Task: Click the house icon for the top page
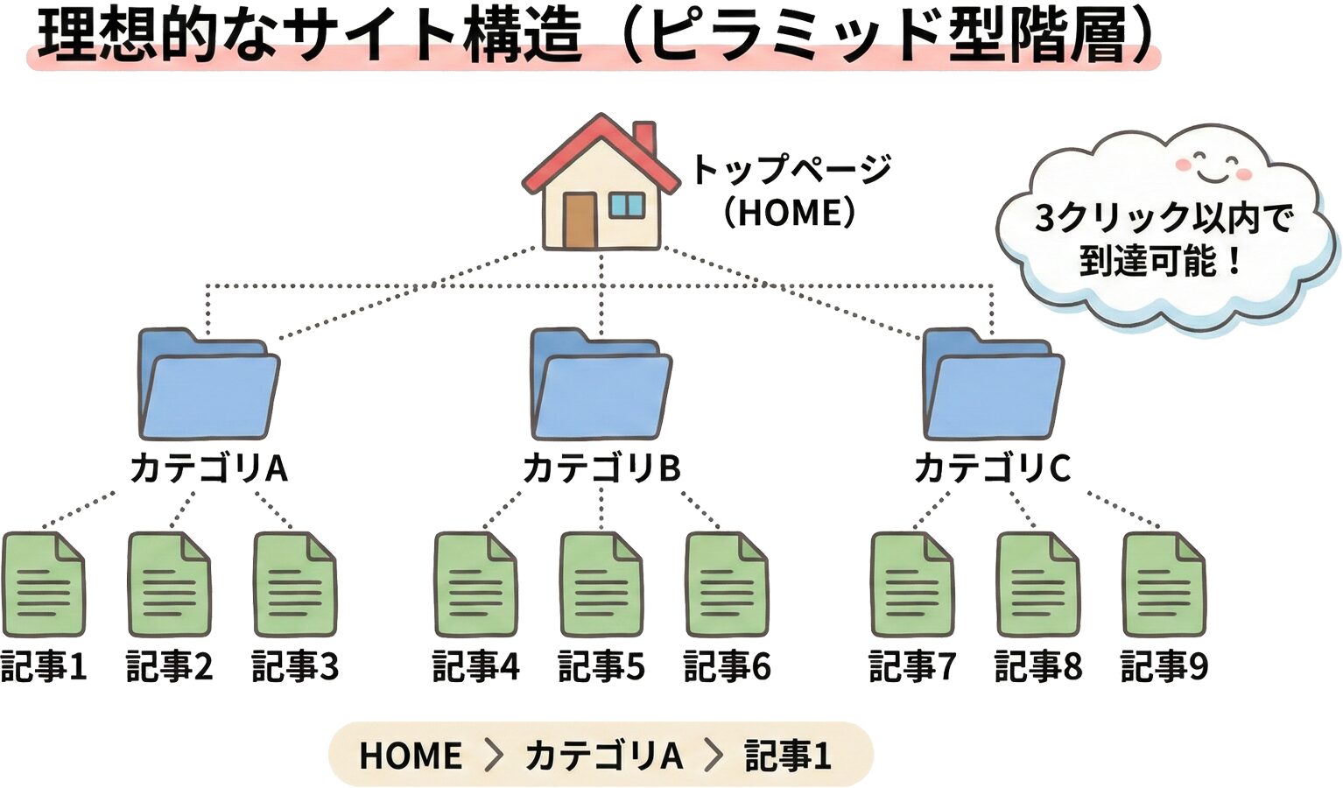pos(601,188)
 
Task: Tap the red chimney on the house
pos(644,137)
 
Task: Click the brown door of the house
pos(579,220)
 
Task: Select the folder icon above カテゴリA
pos(208,385)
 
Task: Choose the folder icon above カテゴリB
pos(601,385)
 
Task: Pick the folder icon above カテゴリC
pos(993,385)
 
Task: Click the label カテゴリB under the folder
pos(601,468)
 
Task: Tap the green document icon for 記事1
pos(44,585)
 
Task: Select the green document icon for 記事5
pos(601,585)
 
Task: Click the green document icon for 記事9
pos(1164,585)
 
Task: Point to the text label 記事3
pos(295,667)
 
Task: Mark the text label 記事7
pos(911,667)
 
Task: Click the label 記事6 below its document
pos(727,667)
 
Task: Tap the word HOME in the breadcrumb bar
pos(411,756)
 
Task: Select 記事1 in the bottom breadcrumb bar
pos(787,756)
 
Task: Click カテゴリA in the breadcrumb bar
pos(603,756)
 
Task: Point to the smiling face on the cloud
pos(1213,166)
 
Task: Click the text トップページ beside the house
pos(791,169)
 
